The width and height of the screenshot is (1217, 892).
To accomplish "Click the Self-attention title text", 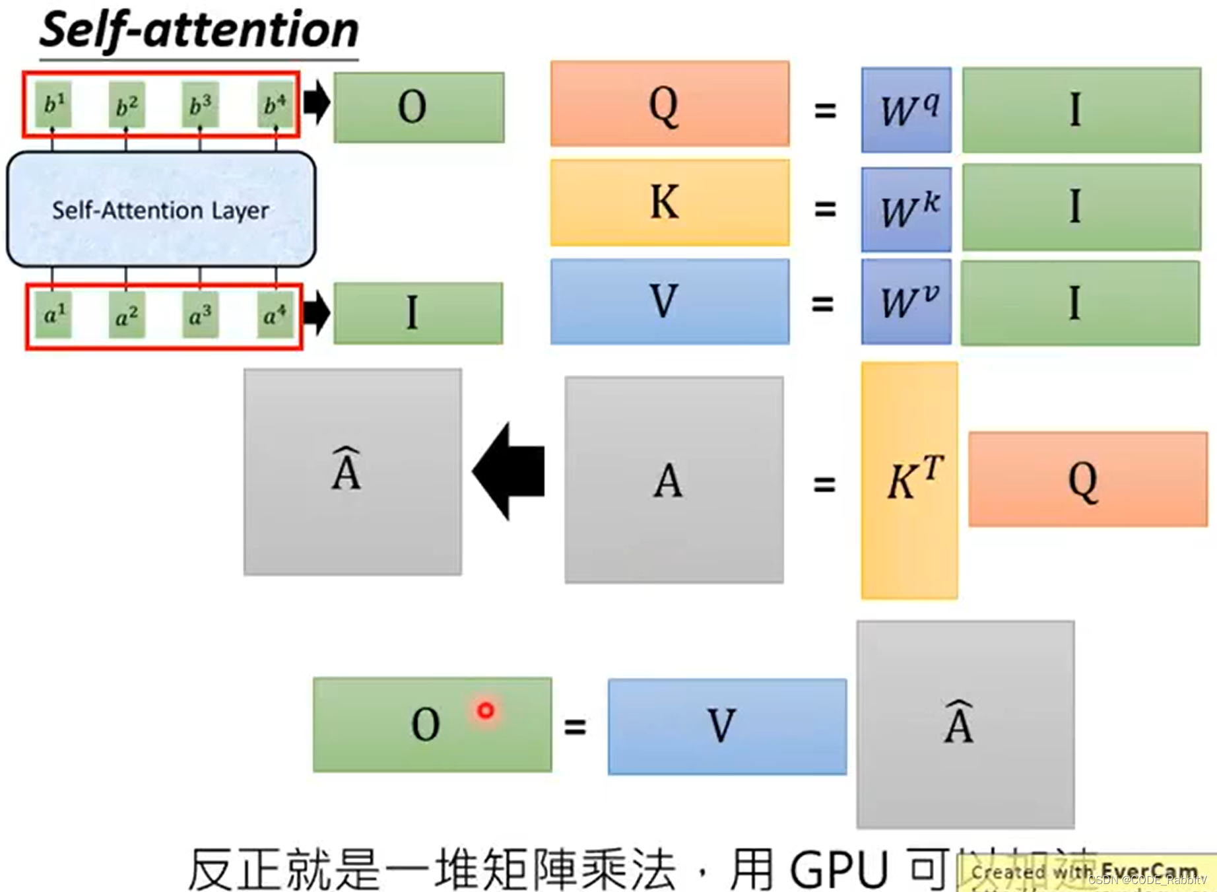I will point(199,30).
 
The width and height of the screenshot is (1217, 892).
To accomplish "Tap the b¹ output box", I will point(53,104).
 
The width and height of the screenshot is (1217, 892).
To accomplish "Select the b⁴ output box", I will point(275,104).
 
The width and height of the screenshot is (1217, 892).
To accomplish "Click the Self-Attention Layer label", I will point(160,210).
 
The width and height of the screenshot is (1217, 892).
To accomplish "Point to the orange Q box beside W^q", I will point(669,104).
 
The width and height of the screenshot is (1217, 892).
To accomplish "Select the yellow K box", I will point(669,203).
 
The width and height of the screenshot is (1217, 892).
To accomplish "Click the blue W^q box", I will point(906,110).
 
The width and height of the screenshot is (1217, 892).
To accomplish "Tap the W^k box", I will point(906,209).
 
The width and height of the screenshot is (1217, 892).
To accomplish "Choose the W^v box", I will point(906,302).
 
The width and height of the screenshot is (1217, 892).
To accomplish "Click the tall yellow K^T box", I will point(909,480).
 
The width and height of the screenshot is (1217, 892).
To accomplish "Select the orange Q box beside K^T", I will point(1087,479).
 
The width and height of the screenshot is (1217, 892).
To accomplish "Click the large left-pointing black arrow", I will point(509,471).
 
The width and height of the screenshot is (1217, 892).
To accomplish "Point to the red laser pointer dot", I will point(486,710).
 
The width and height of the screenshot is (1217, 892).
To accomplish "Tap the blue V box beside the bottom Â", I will point(727,726).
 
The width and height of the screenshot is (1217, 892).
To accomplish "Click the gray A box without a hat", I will point(674,480).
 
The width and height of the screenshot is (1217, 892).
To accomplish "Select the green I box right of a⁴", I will point(418,313).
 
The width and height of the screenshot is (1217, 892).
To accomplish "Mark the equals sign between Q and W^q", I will point(825,110).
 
